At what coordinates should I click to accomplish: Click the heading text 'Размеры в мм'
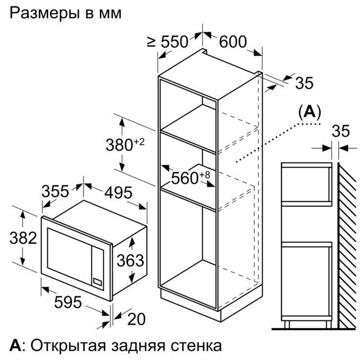click(65, 13)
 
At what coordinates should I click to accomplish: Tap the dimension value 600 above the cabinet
click(233, 42)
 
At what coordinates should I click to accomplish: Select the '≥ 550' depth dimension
click(168, 42)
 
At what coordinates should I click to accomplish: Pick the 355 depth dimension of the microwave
click(55, 191)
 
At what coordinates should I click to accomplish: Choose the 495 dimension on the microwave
click(118, 193)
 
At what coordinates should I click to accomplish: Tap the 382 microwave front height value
click(23, 238)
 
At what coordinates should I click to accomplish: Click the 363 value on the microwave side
click(130, 260)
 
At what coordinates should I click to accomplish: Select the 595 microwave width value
click(68, 302)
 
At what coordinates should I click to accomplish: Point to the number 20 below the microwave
click(136, 319)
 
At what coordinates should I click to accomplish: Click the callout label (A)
click(310, 112)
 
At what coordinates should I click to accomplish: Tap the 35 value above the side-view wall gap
click(341, 131)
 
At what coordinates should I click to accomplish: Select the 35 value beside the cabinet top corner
click(304, 83)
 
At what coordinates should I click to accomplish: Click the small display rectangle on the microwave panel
click(97, 281)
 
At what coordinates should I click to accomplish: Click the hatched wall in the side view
click(347, 245)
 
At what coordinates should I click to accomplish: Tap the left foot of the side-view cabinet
click(287, 324)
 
